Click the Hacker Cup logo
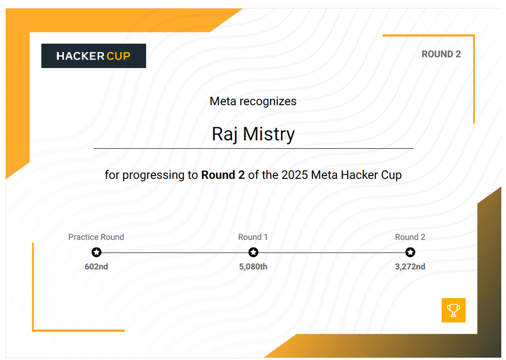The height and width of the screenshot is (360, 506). (93, 56)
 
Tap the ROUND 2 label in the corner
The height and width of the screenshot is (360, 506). (441, 54)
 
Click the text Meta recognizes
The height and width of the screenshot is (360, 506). (253, 101)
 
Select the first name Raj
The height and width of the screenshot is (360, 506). (225, 134)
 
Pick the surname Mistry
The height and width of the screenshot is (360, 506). (269, 134)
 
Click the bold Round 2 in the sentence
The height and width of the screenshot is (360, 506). (223, 175)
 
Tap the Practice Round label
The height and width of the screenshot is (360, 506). (96, 237)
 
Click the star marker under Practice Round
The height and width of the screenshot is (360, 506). (96, 253)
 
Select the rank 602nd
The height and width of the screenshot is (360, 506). (96, 267)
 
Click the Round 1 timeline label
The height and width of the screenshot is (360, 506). (253, 237)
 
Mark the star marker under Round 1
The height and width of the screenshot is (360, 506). (253, 253)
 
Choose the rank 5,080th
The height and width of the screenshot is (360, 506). (253, 267)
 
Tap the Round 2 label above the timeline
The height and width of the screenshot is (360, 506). (410, 237)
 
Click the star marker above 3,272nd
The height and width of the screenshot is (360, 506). (410, 253)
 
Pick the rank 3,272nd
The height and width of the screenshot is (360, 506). (410, 267)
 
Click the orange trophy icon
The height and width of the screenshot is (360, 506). (453, 310)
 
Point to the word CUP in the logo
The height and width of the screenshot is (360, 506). (118, 56)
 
